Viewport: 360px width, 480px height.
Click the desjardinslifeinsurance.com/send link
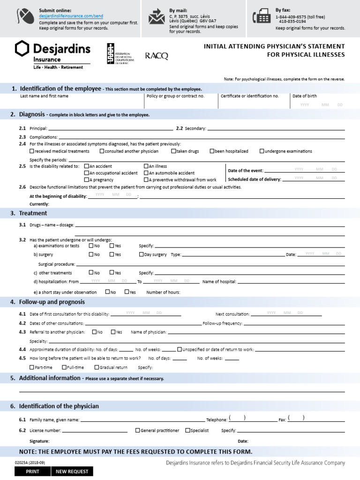pos(71,16)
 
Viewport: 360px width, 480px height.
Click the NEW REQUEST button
pos(72,472)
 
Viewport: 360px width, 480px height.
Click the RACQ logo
pos(157,56)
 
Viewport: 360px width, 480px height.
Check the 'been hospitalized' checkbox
pos(212,151)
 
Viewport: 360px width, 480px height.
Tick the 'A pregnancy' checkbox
pos(87,180)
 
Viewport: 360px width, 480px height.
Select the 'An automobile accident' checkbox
pos(146,173)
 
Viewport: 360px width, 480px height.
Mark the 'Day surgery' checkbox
pos(142,255)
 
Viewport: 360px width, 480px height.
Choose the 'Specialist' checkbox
pos(188,430)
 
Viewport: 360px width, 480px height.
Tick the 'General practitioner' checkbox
pos(138,430)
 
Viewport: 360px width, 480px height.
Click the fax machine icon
pos(261,17)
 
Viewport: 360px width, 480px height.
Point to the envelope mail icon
pos(157,17)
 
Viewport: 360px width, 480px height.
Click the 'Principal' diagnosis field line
pos(111,128)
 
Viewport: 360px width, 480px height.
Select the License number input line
pos(95,431)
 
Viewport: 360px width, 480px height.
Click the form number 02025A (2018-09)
pos(30,463)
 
